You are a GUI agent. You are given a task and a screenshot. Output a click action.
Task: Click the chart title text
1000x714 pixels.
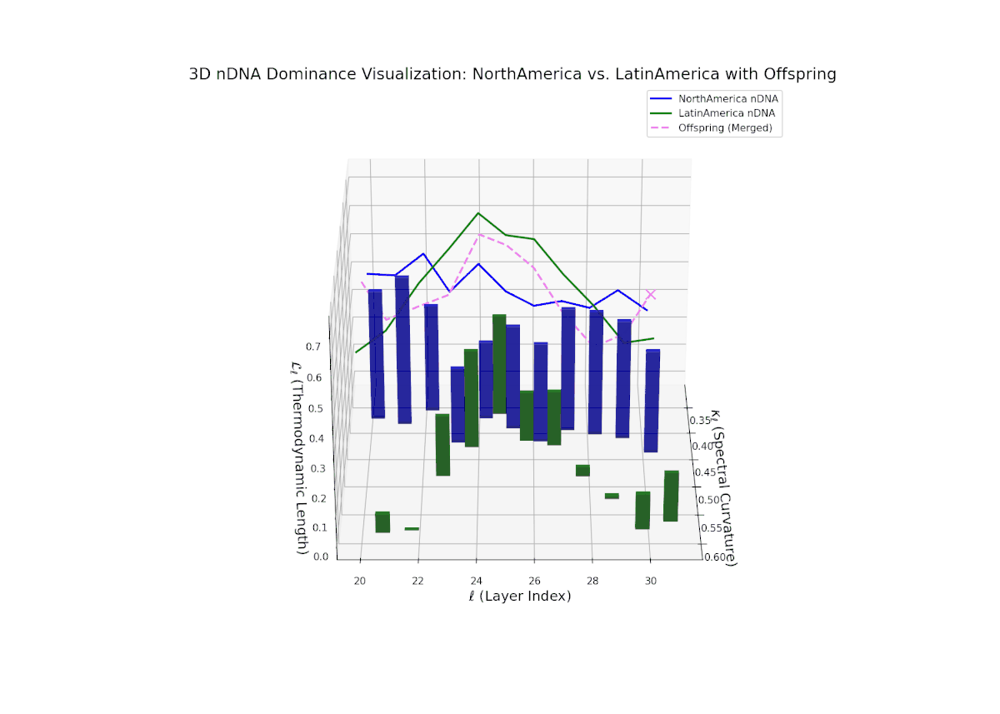click(512, 74)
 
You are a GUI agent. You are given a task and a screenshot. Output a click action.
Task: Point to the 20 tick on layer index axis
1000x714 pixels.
click(360, 580)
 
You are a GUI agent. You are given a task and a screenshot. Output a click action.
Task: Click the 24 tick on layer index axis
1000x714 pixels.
click(476, 580)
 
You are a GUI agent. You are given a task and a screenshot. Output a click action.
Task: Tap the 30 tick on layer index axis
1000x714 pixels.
click(650, 580)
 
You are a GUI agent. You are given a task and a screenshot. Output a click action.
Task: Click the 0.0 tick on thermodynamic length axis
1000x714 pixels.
click(320, 557)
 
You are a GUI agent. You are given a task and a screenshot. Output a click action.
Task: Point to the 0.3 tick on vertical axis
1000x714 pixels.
click(317, 468)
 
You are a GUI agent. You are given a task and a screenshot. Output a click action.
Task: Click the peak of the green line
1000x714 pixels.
click(478, 213)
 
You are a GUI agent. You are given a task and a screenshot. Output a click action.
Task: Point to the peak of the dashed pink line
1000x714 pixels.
click(478, 234)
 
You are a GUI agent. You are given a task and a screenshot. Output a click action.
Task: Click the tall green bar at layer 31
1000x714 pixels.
click(671, 496)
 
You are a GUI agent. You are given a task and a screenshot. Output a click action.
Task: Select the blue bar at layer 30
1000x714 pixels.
click(652, 401)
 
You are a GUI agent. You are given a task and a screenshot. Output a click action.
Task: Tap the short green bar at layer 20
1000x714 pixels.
click(382, 522)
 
